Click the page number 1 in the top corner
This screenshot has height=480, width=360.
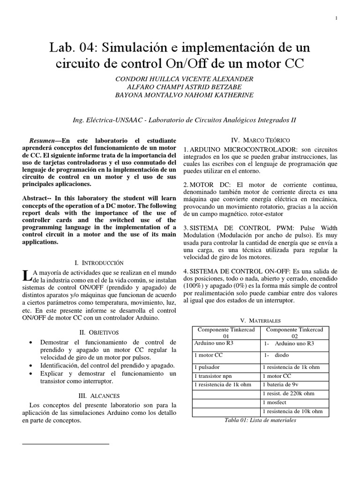point(337,18)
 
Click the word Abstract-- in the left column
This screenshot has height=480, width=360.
point(39,198)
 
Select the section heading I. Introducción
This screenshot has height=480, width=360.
point(99,263)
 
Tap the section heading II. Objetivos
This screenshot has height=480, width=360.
point(99,332)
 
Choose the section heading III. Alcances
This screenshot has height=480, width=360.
point(99,396)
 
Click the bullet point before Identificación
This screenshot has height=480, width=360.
point(31,365)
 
